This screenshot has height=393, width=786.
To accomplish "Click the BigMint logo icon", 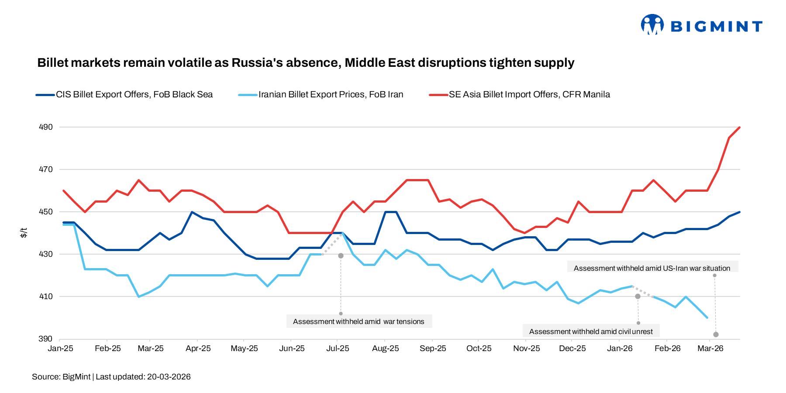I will tap(652, 24).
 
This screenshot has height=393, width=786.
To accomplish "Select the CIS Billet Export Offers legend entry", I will tap(134, 95).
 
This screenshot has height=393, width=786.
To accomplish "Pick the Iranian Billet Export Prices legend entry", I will tap(331, 95).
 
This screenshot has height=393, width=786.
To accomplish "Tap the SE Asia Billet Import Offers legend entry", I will tap(529, 95).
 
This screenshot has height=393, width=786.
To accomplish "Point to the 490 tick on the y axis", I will tap(46, 127).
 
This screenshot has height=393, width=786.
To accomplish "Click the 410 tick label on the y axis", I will tap(46, 296).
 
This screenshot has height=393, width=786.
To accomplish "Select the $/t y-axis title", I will tap(24, 233).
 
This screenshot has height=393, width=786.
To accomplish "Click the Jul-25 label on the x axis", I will tap(338, 348).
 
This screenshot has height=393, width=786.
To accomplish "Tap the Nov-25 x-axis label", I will tap(526, 348).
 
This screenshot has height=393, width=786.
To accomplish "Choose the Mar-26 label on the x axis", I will tap(710, 348).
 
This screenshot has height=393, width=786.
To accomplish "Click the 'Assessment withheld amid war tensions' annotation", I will tap(359, 322).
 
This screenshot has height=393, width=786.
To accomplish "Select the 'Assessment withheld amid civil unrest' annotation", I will tap(591, 332).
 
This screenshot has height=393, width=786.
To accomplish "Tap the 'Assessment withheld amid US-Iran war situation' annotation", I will tap(652, 269).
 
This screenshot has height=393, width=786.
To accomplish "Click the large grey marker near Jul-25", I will tap(341, 255).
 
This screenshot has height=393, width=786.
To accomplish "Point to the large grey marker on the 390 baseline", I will tap(716, 334).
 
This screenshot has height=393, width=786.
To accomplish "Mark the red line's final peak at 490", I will tap(739, 128).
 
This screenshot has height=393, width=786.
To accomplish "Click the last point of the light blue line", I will tap(707, 317).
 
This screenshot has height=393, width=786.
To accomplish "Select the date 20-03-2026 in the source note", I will tap(169, 377).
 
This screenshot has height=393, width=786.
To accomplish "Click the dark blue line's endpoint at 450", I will tap(739, 212).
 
